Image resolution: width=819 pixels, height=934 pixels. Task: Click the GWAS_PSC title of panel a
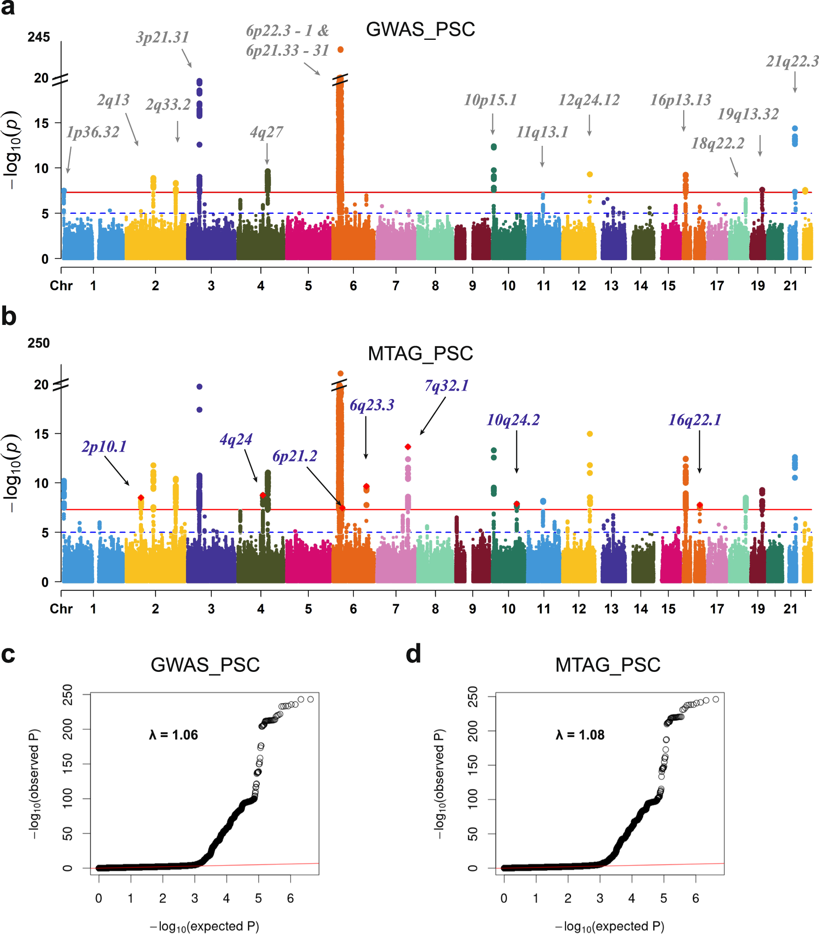[x=420, y=30]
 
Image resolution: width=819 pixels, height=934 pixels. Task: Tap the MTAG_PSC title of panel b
[x=420, y=354]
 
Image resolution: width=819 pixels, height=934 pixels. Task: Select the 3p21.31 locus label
[x=163, y=37]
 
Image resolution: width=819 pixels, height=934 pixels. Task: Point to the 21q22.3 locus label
[x=792, y=61]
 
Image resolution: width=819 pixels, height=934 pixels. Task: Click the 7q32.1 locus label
[x=447, y=386]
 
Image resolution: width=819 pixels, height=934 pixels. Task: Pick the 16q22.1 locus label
[x=694, y=420]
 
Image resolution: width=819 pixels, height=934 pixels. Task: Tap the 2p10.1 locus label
[x=104, y=447]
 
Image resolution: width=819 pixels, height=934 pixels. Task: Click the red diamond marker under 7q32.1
[x=408, y=447]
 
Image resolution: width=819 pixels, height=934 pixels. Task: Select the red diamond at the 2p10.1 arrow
[x=141, y=497]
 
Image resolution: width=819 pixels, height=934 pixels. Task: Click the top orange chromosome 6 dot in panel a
[x=341, y=50]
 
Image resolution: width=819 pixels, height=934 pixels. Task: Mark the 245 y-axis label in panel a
[x=38, y=37]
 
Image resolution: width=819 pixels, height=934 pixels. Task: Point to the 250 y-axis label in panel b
[x=38, y=343]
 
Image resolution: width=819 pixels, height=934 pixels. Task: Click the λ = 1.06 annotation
[x=173, y=735]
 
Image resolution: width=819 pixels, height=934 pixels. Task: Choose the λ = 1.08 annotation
[x=580, y=735]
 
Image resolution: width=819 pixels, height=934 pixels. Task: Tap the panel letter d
[x=413, y=654]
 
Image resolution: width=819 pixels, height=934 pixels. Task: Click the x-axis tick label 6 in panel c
[x=290, y=898]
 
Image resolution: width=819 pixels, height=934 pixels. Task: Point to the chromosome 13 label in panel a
[x=611, y=286]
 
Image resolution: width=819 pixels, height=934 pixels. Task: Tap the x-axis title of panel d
[x=610, y=926]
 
